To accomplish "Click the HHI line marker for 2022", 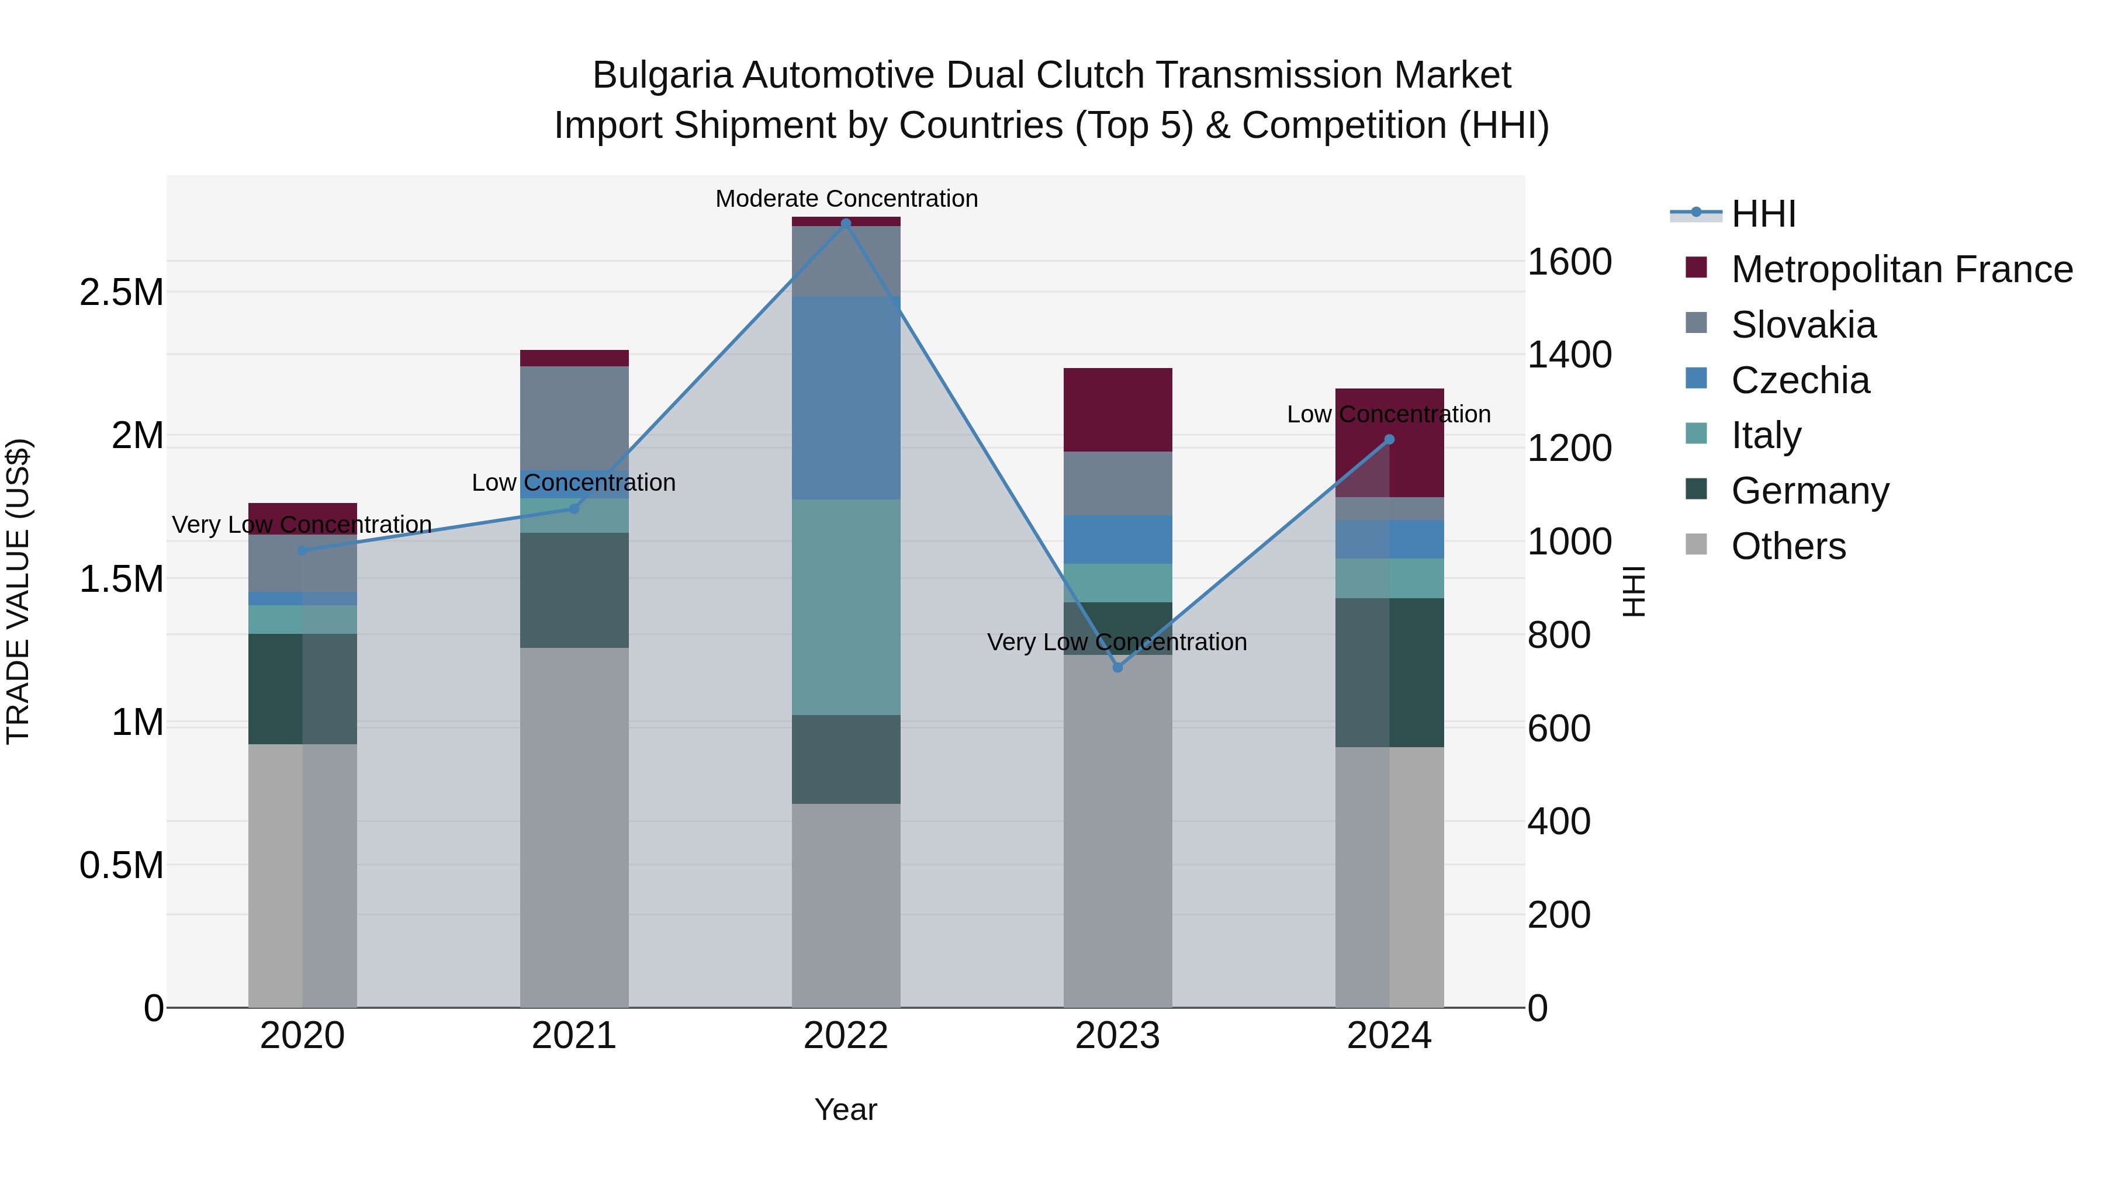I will point(845,223).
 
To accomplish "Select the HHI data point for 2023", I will point(1118,667).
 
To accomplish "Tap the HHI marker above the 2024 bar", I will point(1389,439).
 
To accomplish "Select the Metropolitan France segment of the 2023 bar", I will point(1117,410).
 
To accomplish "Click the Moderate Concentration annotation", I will point(846,199).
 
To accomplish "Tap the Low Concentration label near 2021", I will point(573,483).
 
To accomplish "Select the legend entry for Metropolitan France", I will point(1901,269).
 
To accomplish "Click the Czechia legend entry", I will point(1800,380).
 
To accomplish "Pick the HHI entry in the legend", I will point(1763,214).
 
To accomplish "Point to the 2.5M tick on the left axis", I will point(122,292).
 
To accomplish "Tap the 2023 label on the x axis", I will point(1117,1036).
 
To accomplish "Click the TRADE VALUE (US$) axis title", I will point(18,591).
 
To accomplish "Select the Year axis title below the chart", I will point(845,1109).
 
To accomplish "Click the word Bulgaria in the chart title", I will point(661,75).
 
